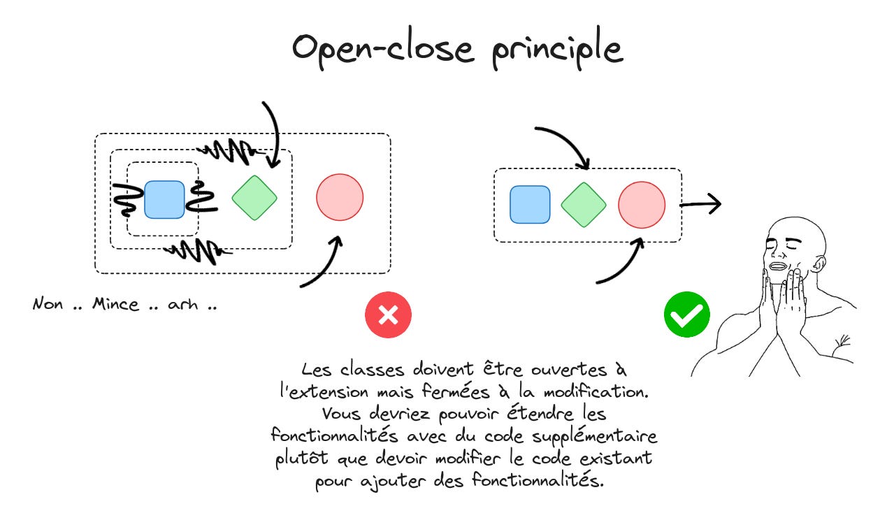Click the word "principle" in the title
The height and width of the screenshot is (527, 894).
[x=557, y=50]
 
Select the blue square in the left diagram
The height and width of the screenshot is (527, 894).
[x=165, y=199]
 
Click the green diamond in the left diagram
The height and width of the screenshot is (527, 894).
[x=254, y=196]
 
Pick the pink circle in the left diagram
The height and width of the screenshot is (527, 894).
[x=340, y=196]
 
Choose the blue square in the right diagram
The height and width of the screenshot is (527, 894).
[x=530, y=204]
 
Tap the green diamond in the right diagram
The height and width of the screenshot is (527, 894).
[x=584, y=204]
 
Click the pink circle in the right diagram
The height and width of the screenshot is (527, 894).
[x=641, y=204]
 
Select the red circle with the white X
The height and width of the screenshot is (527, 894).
[x=388, y=315]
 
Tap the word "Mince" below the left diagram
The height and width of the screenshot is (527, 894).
[x=116, y=305]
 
